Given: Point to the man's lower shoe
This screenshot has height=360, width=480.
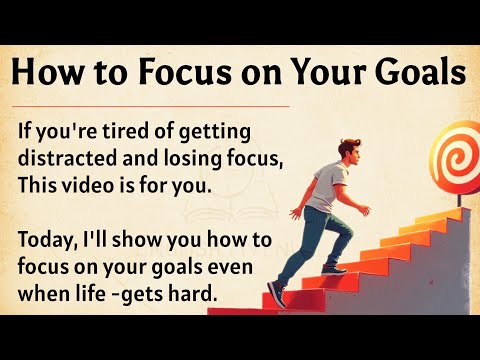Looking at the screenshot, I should pos(276,296).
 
